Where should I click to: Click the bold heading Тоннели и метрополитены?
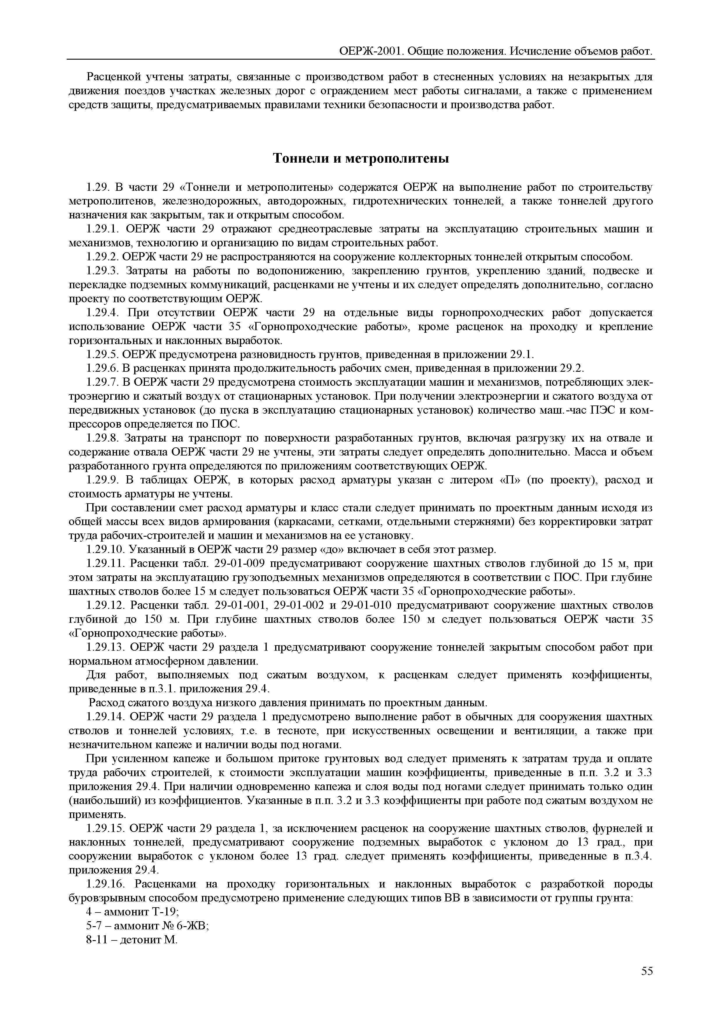[361, 158]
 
